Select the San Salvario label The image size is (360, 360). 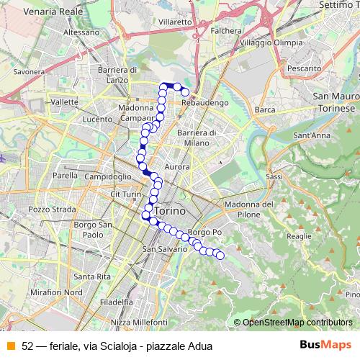point(166,249)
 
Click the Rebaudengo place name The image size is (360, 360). point(205,104)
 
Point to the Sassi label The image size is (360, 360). point(274,176)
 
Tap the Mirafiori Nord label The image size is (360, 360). point(54,292)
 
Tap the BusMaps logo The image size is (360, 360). point(325,345)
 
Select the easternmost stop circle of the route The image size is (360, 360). point(220,255)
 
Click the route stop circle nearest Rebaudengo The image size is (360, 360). point(185,91)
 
